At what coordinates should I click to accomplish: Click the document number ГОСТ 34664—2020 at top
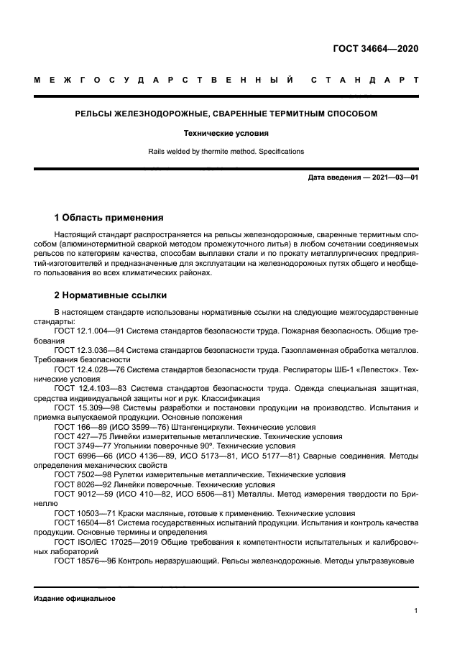(375, 49)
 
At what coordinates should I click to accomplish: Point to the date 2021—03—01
(393, 177)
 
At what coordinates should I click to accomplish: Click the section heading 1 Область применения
(109, 217)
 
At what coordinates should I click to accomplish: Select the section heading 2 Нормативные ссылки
(111, 295)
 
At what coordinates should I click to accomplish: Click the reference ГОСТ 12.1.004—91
(89, 331)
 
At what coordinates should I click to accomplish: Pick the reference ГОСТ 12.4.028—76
(89, 369)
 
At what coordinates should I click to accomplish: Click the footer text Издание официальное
(75, 598)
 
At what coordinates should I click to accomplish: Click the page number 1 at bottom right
(416, 611)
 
